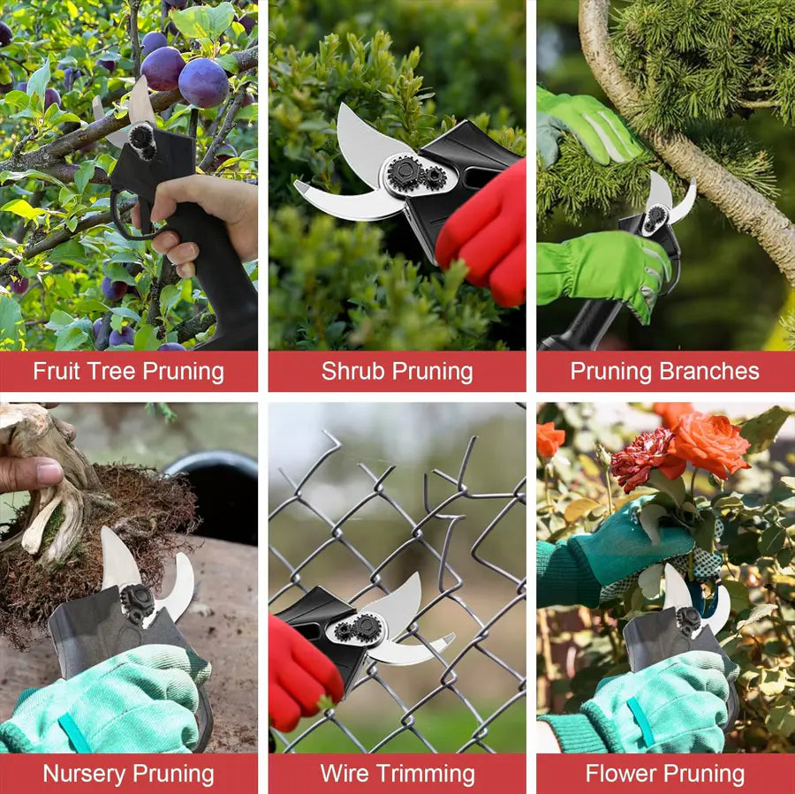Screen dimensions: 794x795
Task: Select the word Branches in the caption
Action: click(x=709, y=372)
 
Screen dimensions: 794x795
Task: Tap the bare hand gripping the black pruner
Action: click(x=203, y=216)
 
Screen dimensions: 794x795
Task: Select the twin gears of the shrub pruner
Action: click(x=417, y=174)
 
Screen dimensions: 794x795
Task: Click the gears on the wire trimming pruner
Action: click(x=358, y=629)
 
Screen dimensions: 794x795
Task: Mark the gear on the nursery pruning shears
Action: click(x=138, y=601)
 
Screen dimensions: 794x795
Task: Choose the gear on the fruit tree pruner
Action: click(x=141, y=139)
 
